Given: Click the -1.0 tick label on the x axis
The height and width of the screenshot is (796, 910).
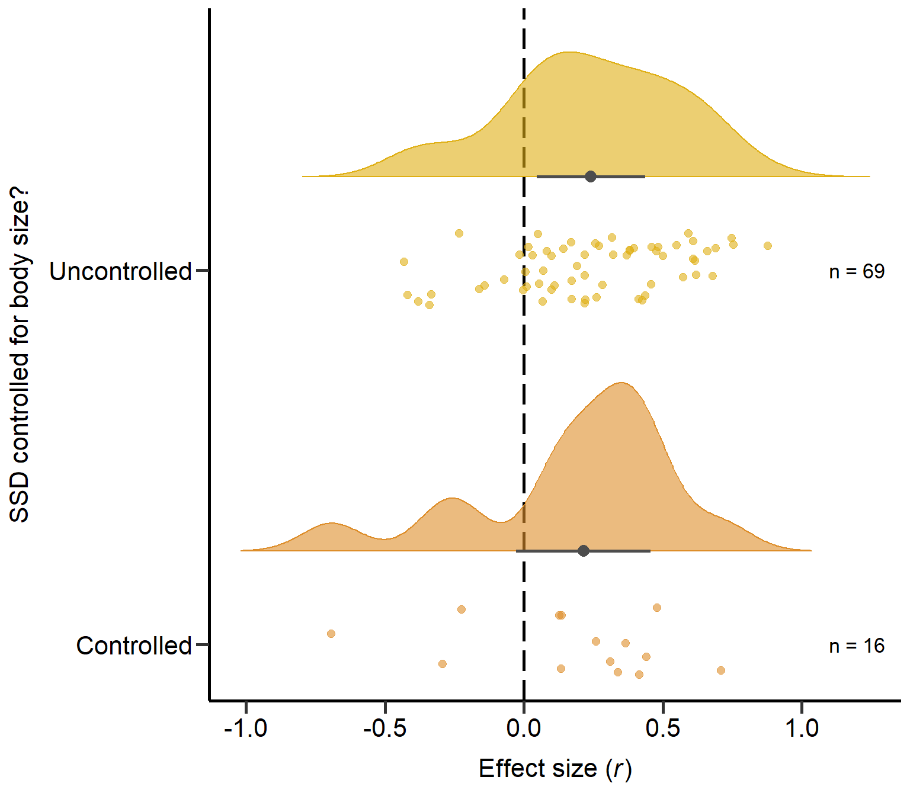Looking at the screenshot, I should [x=245, y=728].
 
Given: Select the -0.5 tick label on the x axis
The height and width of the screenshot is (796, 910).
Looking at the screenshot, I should [x=384, y=728].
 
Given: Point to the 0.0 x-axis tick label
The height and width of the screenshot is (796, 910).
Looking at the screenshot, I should [x=524, y=728].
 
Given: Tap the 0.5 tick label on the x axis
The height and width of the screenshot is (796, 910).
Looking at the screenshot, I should [x=662, y=728].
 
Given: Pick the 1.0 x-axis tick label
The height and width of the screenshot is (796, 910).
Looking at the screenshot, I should [x=802, y=728].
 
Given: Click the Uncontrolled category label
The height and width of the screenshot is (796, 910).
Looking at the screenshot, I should [x=120, y=271].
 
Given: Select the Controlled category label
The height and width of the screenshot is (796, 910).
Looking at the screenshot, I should [x=134, y=646].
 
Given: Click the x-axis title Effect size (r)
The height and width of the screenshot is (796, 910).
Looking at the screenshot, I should [x=555, y=769].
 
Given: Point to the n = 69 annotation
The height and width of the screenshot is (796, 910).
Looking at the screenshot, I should [x=856, y=271].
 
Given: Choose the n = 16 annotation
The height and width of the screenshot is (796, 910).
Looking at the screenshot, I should [x=856, y=646].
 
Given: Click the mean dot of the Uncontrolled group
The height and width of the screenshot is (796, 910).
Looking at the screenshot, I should [x=590, y=176].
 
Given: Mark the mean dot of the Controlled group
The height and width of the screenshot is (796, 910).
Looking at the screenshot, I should [x=584, y=551].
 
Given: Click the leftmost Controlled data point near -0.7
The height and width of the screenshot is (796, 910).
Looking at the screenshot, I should [x=331, y=634].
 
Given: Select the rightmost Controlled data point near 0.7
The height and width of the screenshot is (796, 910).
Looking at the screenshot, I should [x=720, y=670].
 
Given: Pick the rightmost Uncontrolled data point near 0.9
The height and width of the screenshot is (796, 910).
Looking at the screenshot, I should [x=768, y=246].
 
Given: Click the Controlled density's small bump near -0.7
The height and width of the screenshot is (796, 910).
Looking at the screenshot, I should [x=332, y=524].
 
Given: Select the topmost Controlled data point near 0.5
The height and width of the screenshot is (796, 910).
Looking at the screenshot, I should [x=656, y=608].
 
